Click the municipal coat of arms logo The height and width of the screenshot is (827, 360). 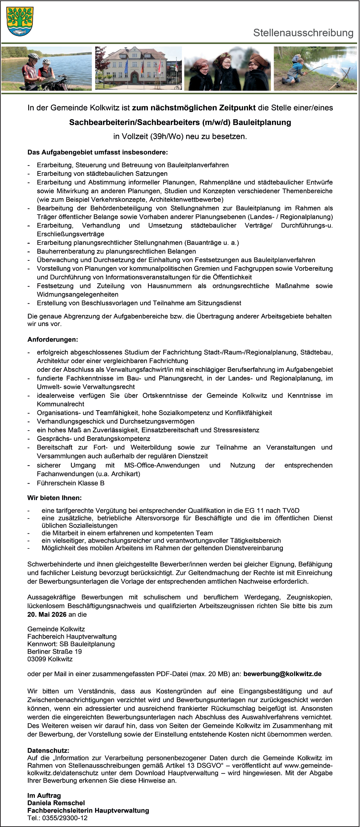[20, 21]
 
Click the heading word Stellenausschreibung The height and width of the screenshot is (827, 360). [303, 33]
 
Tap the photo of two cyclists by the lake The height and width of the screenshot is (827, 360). [47, 68]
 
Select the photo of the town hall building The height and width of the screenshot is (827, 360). [138, 68]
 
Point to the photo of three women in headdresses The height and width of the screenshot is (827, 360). [227, 68]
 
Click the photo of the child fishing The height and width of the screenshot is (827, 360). [315, 68]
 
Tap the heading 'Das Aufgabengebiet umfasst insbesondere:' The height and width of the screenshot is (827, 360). [98, 152]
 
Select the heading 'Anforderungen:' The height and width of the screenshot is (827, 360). [53, 339]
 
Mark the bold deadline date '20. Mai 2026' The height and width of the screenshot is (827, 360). [47, 615]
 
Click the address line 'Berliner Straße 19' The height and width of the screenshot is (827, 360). [55, 651]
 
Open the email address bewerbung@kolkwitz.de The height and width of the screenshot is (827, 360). [282, 674]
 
